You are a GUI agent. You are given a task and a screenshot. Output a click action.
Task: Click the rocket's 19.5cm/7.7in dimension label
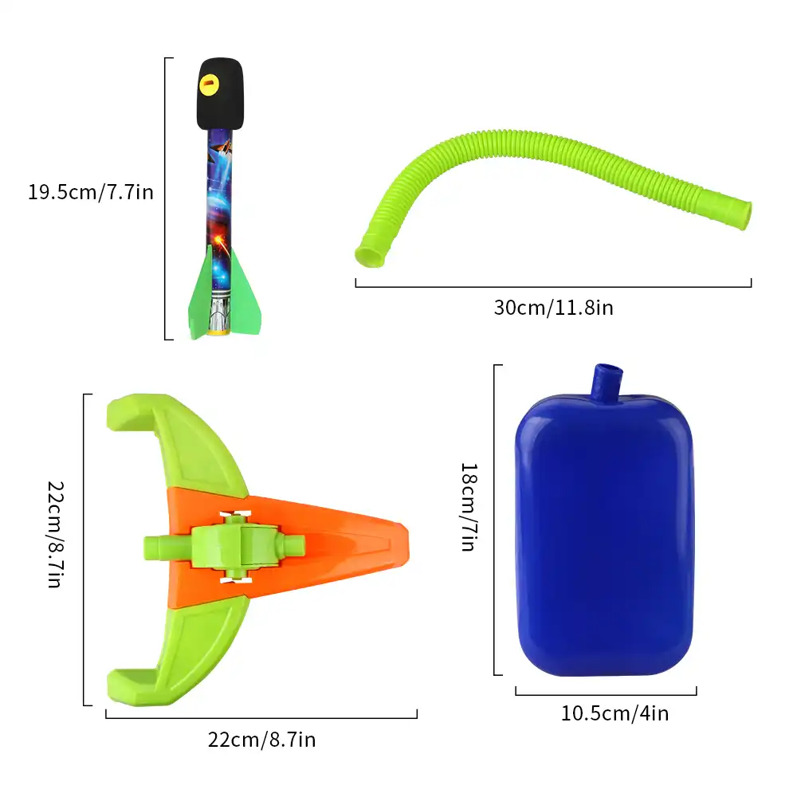click(x=89, y=192)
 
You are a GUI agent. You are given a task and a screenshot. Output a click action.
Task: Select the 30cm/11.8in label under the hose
click(x=553, y=307)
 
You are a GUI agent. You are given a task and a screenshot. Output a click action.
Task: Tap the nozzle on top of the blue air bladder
click(x=607, y=381)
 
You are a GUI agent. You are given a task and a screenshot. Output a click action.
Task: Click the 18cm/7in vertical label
click(x=469, y=507)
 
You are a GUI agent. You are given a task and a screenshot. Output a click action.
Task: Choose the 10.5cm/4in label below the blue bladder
click(x=614, y=713)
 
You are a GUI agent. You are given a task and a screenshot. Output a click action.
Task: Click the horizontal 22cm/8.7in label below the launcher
click(x=261, y=740)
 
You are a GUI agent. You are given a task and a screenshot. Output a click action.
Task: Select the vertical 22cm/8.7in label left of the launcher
click(x=54, y=534)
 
